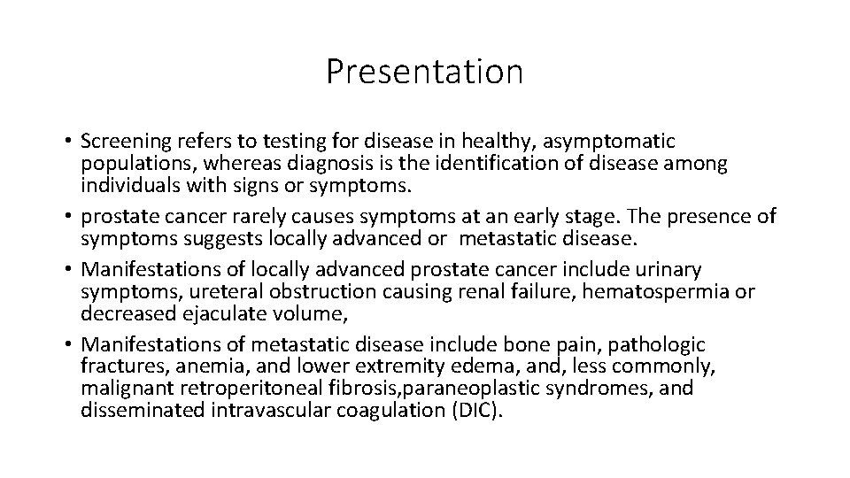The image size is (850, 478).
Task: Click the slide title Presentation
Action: click(x=424, y=72)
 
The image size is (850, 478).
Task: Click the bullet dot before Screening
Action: click(x=67, y=142)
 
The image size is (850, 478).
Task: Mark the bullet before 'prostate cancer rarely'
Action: click(x=67, y=216)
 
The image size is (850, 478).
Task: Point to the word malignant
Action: click(x=124, y=389)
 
